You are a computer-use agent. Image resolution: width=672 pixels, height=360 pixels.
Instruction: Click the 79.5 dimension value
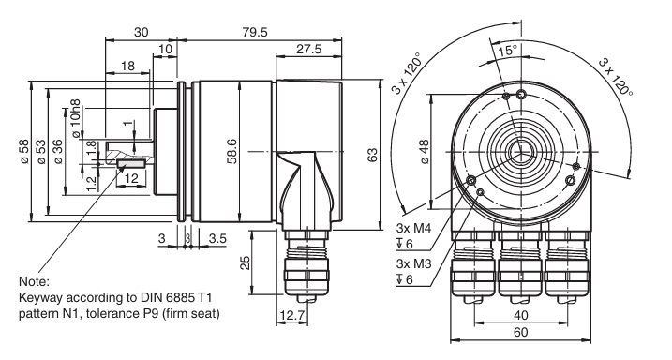pos(255,32)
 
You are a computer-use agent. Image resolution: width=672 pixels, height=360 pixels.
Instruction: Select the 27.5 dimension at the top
pos(308,49)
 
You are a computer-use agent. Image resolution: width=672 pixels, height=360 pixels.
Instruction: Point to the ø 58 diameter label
pos(24,151)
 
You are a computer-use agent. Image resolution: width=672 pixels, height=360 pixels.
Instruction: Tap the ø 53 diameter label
pos(41,151)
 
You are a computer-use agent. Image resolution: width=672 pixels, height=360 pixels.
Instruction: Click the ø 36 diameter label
pos(58,151)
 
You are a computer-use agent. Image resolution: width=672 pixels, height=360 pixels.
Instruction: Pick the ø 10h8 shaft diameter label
pos(75,119)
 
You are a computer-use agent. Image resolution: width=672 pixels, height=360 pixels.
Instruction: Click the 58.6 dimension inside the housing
pos(231,151)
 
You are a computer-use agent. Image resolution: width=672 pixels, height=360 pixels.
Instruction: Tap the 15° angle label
pos(507,51)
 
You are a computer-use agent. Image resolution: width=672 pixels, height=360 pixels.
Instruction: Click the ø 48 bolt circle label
pos(425,151)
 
